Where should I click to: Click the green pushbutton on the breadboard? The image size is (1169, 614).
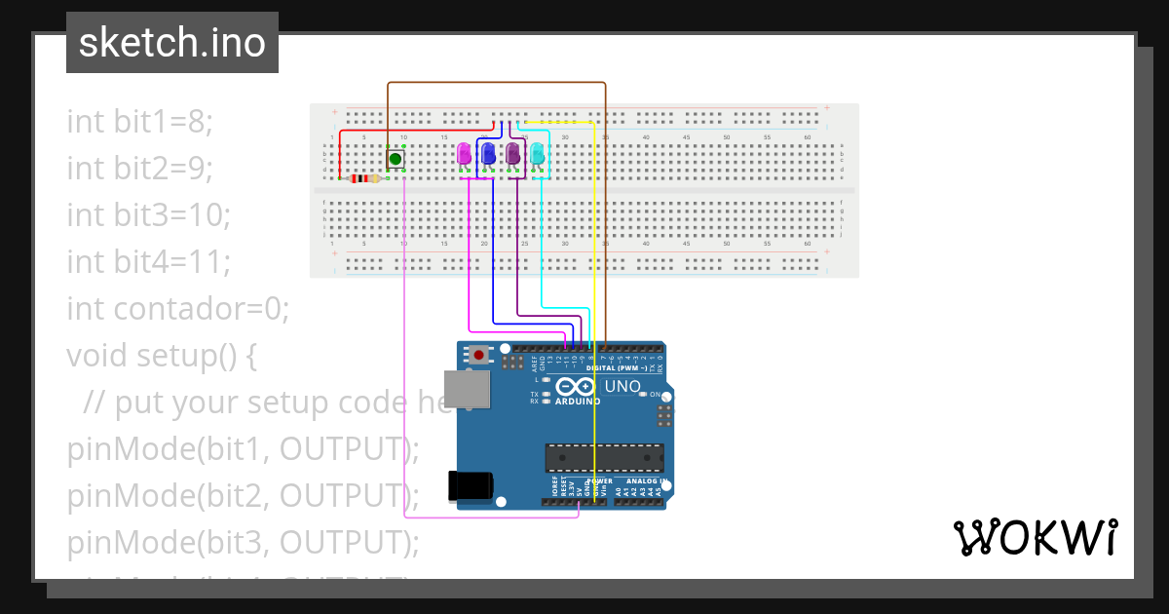pos(396,158)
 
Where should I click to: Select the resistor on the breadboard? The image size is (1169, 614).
pos(364,178)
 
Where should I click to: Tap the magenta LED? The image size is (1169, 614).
pos(465,153)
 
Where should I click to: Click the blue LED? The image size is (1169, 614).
pos(489,153)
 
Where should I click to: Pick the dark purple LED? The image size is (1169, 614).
pos(513,153)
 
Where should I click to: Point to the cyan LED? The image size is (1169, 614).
pos(537,153)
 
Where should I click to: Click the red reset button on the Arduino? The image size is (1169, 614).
pos(478,355)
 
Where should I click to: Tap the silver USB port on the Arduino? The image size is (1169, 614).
pos(466,389)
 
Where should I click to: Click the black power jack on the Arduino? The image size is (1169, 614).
pos(469,486)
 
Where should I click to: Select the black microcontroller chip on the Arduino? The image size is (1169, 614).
pos(604,457)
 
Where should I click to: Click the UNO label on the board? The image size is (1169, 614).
pos(622,386)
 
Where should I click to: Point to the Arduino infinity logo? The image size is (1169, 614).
pos(577,387)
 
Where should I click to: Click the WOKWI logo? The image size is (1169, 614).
pos(1035,537)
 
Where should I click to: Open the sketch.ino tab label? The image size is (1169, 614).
pos(172,43)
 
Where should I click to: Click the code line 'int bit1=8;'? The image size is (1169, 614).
pos(139,122)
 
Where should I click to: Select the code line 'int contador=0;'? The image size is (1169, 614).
pos(178,309)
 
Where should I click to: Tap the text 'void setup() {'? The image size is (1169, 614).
pos(162,356)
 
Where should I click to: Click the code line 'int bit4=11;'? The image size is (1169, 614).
pos(148,262)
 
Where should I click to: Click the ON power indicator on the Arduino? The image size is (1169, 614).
pos(657,396)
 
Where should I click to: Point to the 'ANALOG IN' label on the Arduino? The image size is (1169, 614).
pos(642,481)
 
